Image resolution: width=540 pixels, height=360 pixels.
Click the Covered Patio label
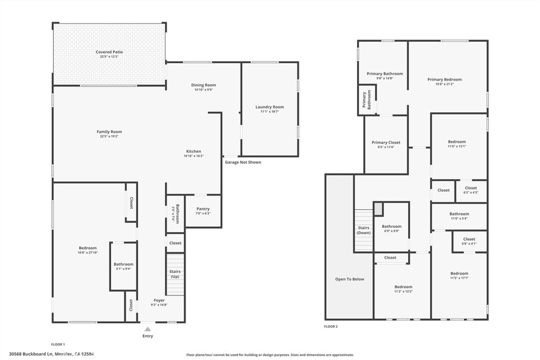click(109, 52)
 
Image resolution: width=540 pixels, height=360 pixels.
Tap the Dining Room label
click(203, 85)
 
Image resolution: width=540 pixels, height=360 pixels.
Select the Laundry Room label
click(269, 107)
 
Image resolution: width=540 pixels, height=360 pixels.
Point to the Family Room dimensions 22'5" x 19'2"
click(109, 137)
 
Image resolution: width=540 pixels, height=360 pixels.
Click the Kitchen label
click(194, 151)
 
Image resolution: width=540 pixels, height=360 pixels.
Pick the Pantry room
click(203, 210)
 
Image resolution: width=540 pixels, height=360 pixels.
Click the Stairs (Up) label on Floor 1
click(175, 274)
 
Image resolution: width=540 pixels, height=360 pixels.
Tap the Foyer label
click(159, 300)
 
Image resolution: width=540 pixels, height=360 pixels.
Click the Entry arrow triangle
click(148, 329)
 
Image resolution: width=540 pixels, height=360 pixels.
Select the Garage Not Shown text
click(243, 162)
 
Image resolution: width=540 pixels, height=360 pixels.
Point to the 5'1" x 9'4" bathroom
click(123, 266)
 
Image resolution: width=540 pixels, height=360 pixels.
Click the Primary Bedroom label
click(444, 80)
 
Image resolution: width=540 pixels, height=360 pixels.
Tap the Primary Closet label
click(386, 143)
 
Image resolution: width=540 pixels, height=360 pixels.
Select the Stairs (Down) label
click(363, 230)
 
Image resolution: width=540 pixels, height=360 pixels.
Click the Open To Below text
click(350, 279)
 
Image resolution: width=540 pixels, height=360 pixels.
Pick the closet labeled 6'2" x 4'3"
click(470, 190)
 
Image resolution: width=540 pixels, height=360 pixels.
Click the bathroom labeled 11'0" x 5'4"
click(459, 216)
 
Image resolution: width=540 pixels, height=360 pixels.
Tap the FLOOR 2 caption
click(331, 327)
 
